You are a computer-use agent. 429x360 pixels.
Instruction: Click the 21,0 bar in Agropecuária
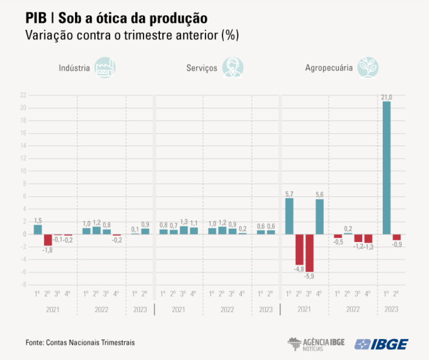coord(387,168)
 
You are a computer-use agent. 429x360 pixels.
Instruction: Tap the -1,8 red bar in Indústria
coord(48,240)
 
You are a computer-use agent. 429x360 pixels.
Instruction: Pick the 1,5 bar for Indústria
coord(38,229)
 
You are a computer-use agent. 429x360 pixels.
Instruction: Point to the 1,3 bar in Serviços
coord(184,230)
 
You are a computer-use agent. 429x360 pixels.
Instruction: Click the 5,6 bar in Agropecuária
coord(319,216)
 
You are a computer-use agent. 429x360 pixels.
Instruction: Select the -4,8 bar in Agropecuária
coord(299,249)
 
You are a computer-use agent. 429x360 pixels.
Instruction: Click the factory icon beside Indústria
coord(104,67)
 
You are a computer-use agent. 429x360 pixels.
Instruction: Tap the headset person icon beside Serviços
coord(233,67)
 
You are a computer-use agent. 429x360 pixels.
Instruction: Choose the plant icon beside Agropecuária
coord(368,67)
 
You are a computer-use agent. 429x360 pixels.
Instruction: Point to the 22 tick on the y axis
coord(23,95)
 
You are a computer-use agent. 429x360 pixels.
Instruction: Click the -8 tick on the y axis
coord(23,284)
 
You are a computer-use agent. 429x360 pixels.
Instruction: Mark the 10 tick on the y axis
coord(23,171)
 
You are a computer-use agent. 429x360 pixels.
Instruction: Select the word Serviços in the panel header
coord(201,68)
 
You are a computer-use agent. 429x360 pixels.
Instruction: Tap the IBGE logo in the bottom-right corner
coord(382,343)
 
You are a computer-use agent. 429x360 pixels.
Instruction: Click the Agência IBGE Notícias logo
coord(316,343)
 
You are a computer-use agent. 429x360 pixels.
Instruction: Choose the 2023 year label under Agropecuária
coord(391,309)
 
